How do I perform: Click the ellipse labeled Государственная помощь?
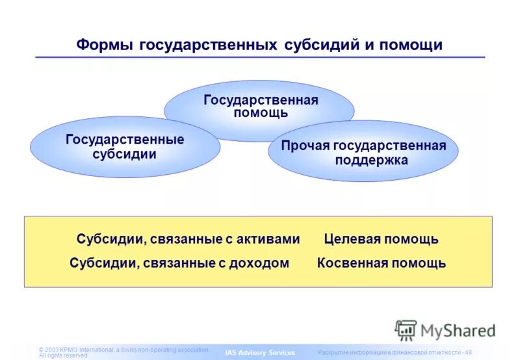click(x=260, y=106)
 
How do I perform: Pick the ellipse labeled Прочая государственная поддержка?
click(x=363, y=153)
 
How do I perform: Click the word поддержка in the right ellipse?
click(x=371, y=160)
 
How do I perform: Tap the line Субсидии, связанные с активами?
click(x=188, y=239)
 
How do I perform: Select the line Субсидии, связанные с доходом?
click(x=179, y=263)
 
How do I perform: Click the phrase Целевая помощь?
click(x=381, y=239)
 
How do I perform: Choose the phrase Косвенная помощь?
click(x=382, y=263)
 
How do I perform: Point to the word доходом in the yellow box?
click(x=263, y=263)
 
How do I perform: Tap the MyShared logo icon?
click(x=406, y=330)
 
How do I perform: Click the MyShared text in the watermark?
click(x=458, y=330)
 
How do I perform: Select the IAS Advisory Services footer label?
click(x=260, y=353)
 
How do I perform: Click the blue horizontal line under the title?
click(x=260, y=58)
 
